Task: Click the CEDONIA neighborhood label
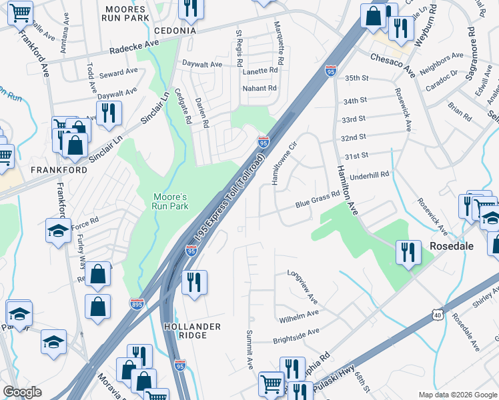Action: coord(175,31)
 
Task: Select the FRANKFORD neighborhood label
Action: coord(59,170)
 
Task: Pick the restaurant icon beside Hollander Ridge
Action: coord(194,281)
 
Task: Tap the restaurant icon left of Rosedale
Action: coord(408,251)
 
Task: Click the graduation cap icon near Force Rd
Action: coord(58,231)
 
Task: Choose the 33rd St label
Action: coord(354,119)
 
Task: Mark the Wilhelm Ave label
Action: coord(299,313)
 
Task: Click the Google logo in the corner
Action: coord(22,392)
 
